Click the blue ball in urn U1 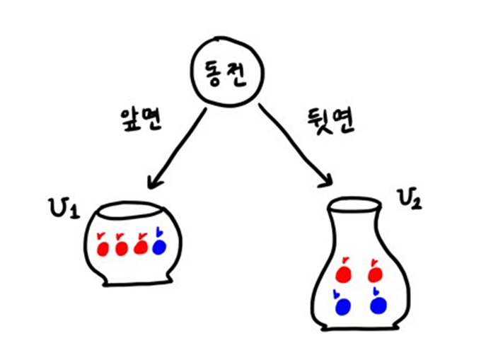(159, 246)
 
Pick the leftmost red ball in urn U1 (102, 247)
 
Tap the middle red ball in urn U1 (121, 247)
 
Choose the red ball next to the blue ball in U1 (140, 247)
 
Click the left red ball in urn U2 (342, 273)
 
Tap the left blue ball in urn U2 (343, 306)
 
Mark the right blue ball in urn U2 (379, 306)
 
